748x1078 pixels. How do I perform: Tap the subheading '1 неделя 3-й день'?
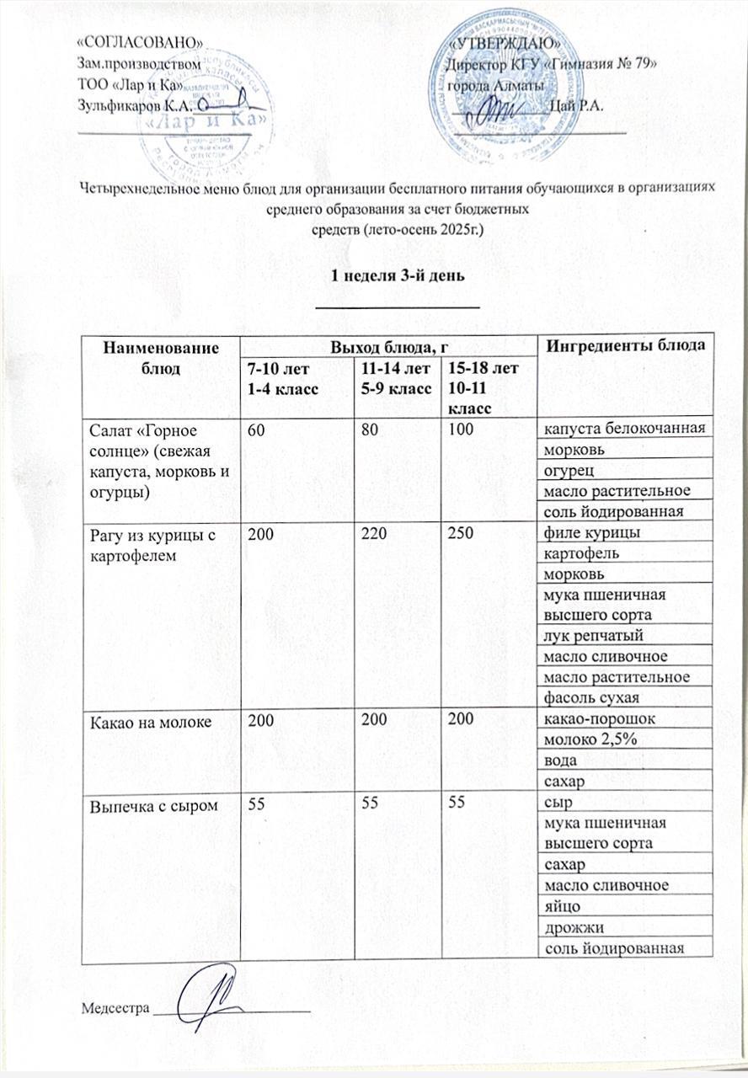click(397, 277)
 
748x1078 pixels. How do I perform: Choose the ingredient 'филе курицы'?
click(590, 532)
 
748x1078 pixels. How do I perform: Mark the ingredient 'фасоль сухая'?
click(592, 697)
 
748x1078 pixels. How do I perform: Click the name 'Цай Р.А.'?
click(574, 104)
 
